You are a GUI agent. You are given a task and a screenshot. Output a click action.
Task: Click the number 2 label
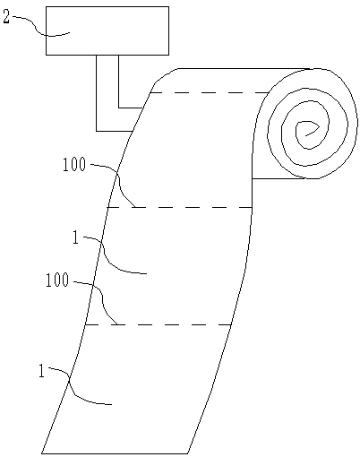[x=6, y=17]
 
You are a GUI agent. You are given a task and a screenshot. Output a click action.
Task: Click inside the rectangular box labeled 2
[x=107, y=30]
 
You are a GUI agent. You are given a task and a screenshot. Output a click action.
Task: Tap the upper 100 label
[x=74, y=164]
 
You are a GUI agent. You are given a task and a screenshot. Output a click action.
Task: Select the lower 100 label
[x=57, y=280]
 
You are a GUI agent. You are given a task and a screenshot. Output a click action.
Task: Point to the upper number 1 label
[x=76, y=238]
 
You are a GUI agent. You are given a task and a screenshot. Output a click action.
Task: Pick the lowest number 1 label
[x=41, y=371]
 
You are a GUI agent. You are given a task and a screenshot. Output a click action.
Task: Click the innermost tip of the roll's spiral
[x=305, y=136]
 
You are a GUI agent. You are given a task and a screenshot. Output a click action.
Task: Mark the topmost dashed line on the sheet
[x=210, y=92]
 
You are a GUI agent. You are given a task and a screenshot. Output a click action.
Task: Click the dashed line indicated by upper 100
[x=180, y=207]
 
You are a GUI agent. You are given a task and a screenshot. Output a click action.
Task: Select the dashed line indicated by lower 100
[x=159, y=324]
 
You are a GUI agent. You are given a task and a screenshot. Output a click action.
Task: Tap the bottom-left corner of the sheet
[x=41, y=453]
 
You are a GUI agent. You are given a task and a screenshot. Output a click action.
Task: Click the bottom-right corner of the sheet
[x=187, y=453]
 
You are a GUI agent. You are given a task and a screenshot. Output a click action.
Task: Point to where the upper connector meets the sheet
[x=142, y=108]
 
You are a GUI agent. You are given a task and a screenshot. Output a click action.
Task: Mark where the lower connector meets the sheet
[x=133, y=131]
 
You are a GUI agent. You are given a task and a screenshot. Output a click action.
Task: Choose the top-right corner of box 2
[x=169, y=7]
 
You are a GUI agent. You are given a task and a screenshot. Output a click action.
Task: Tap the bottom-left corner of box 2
[x=46, y=55]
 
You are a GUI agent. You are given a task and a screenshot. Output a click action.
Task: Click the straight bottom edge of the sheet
[x=115, y=453]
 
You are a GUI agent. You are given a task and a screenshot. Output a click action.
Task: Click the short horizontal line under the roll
[x=279, y=178]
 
